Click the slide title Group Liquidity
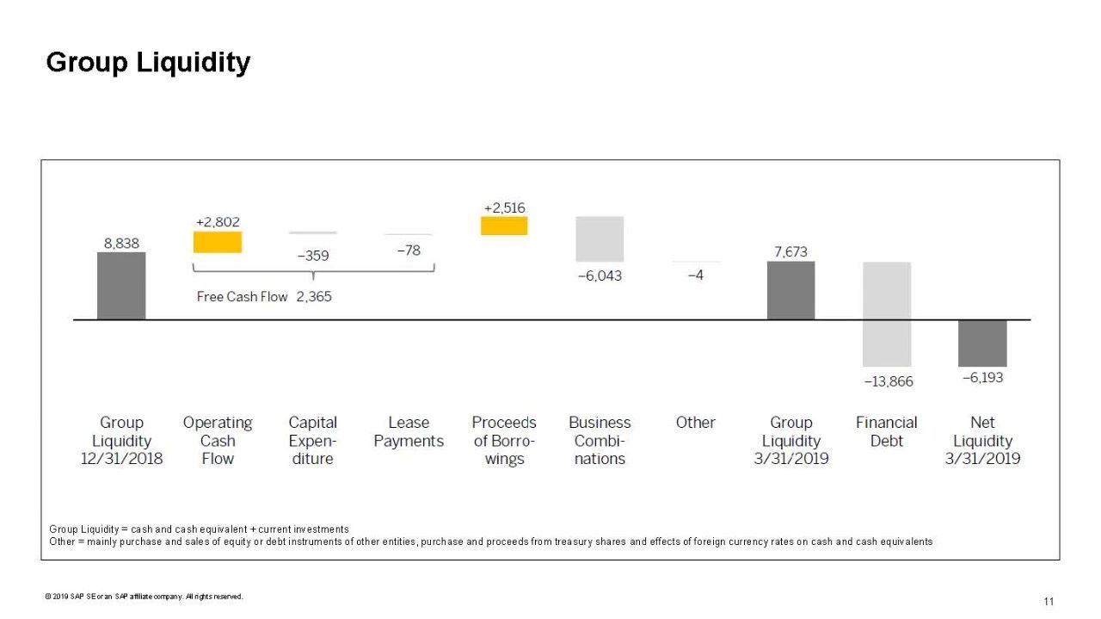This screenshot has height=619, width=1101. (x=148, y=63)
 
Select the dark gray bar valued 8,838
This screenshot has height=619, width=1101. (x=121, y=286)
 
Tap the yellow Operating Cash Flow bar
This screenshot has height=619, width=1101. (x=218, y=242)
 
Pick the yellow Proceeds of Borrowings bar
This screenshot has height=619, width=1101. (x=504, y=226)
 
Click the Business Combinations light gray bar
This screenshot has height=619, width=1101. (x=600, y=238)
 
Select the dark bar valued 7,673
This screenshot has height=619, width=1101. (x=790, y=290)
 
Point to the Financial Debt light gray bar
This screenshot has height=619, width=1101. (x=887, y=314)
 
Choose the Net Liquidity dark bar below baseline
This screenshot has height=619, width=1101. (x=982, y=343)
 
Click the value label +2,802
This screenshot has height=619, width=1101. (x=218, y=222)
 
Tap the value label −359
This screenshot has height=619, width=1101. (x=313, y=256)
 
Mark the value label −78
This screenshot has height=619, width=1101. (x=409, y=250)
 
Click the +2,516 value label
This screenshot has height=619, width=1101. (x=504, y=207)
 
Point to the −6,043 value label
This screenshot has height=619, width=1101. (x=599, y=275)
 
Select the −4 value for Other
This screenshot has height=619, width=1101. (x=696, y=275)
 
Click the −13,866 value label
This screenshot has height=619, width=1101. (x=889, y=381)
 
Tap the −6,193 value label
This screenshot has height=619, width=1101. (x=982, y=377)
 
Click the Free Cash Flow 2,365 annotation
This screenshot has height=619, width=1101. (x=264, y=296)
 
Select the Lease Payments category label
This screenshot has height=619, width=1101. (x=409, y=431)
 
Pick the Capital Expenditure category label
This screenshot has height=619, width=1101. (x=313, y=440)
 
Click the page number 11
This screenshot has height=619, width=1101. (x=1049, y=601)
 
